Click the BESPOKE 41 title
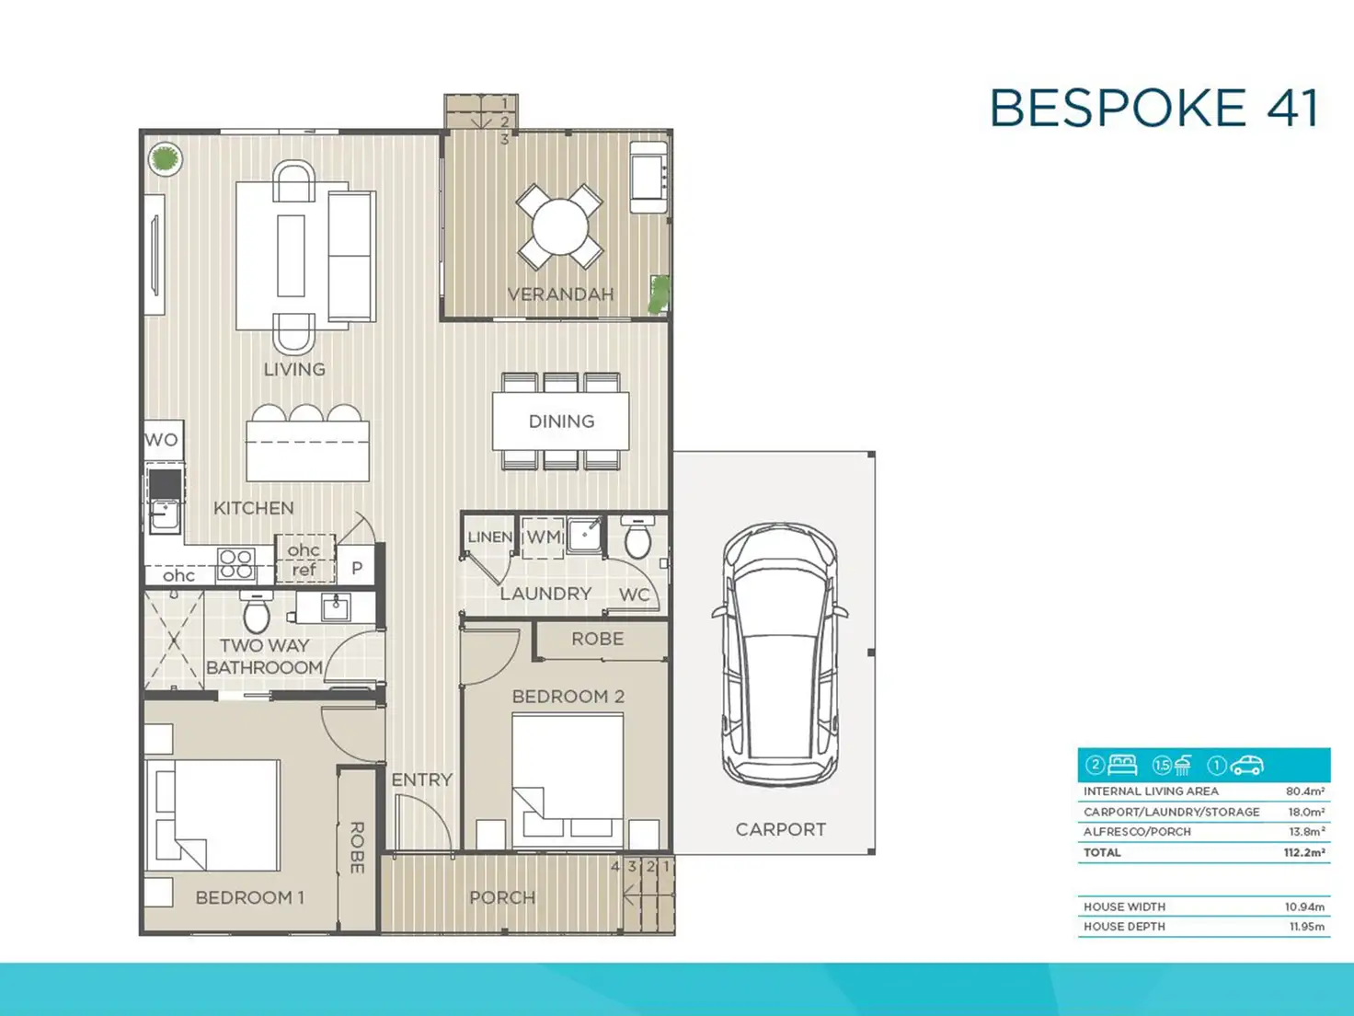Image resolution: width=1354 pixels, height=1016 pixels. (1154, 108)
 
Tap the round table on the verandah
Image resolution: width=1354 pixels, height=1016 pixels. (560, 226)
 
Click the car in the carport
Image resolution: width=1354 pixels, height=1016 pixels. (780, 655)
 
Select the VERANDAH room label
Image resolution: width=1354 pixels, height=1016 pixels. (560, 294)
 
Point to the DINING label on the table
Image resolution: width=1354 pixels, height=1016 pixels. (561, 421)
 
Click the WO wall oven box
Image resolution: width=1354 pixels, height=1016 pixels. (164, 440)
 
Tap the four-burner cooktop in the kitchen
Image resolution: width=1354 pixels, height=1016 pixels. (236, 564)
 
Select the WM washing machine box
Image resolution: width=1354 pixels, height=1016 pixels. (543, 537)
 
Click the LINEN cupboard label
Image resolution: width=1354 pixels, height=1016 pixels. (489, 537)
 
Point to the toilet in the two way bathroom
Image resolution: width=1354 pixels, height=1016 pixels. (257, 611)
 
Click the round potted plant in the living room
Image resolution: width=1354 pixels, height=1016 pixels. (166, 159)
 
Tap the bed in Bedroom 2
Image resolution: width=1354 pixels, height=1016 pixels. (568, 780)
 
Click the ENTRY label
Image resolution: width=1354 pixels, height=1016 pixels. (422, 779)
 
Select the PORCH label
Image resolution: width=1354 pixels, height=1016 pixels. (502, 897)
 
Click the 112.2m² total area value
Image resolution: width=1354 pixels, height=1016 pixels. (1304, 852)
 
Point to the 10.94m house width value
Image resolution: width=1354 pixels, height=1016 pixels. (1304, 906)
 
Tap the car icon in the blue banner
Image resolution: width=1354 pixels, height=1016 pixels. (1246, 766)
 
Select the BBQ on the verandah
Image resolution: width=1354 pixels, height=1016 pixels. (648, 177)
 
